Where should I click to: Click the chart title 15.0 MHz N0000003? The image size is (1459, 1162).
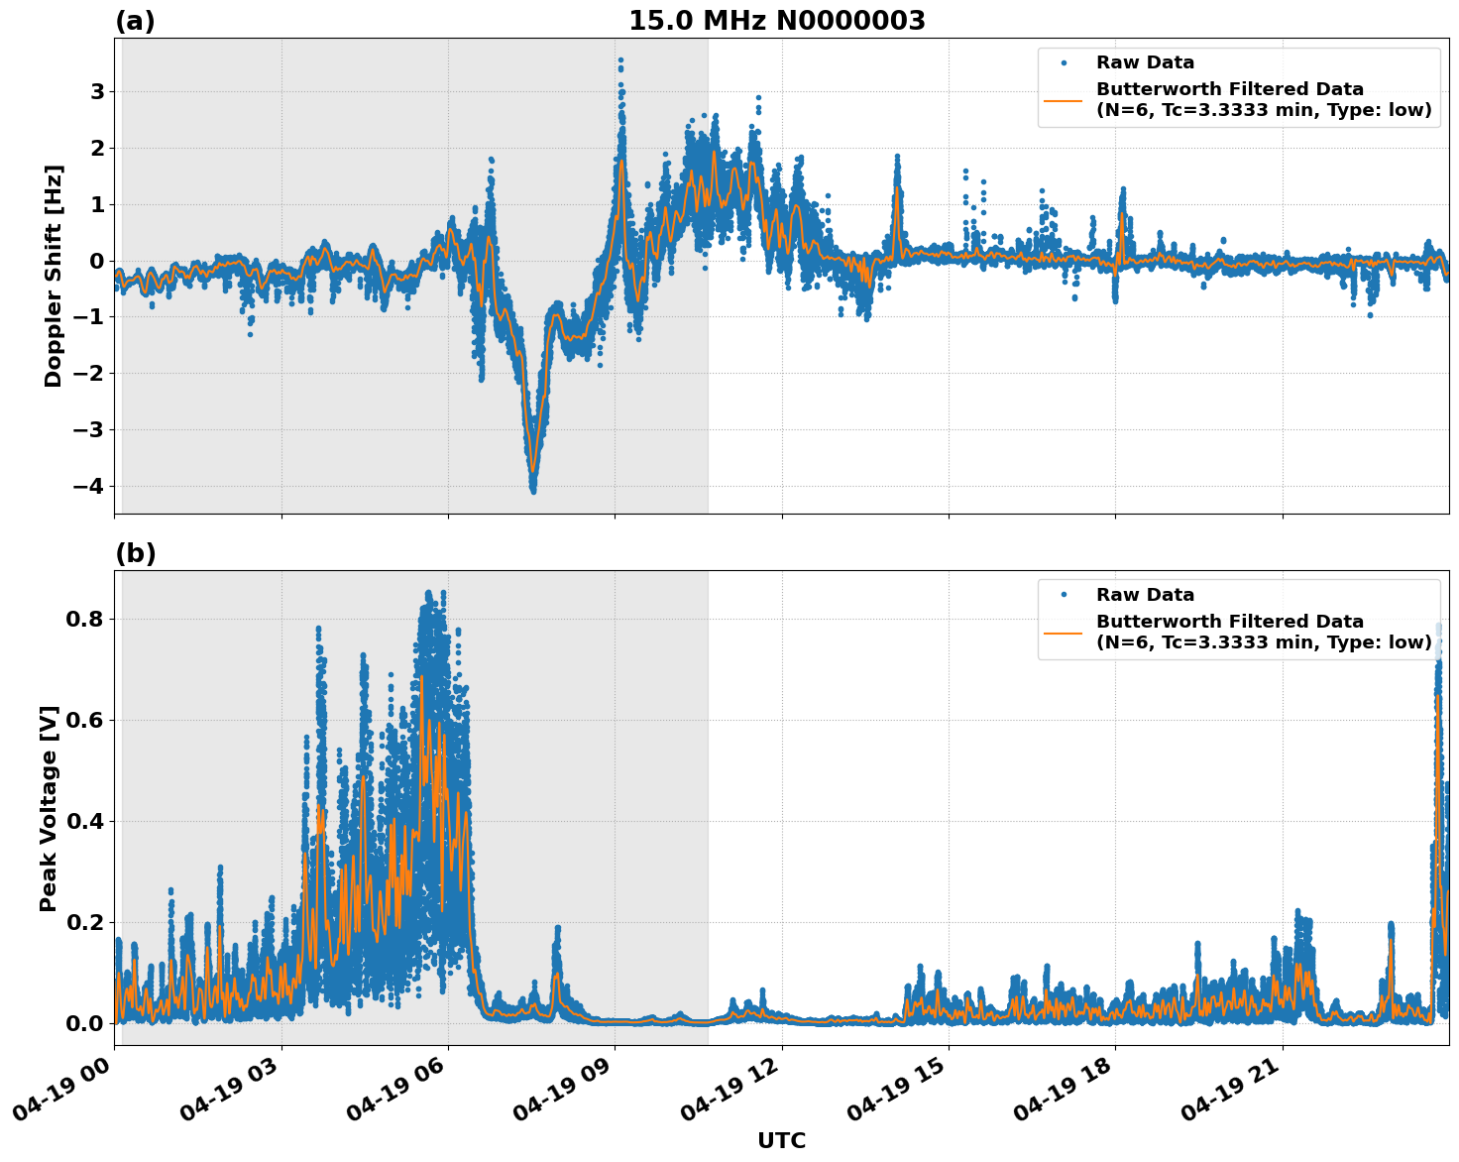click(776, 21)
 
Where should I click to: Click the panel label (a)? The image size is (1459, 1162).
click(135, 21)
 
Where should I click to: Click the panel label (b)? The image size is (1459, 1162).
click(135, 553)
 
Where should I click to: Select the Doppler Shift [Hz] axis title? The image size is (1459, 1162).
click(54, 276)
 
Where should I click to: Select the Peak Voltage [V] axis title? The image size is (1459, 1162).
click(49, 808)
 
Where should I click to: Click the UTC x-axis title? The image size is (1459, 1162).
click(781, 1140)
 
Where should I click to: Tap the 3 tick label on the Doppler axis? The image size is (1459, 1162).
click(97, 92)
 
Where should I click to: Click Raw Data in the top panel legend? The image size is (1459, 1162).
click(1145, 63)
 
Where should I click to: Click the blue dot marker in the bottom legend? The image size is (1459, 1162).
click(1064, 595)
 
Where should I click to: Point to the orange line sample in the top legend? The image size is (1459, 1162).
click(1064, 99)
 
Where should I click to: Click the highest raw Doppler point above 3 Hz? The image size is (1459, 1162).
click(620, 59)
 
